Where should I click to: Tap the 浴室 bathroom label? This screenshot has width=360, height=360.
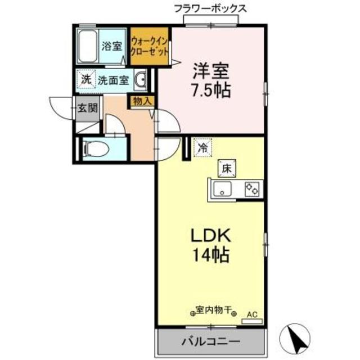pyautogui.click(x=111, y=46)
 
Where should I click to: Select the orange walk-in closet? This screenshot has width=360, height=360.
pyautogui.click(x=150, y=47)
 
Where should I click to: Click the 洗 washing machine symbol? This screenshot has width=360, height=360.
pyautogui.click(x=85, y=79)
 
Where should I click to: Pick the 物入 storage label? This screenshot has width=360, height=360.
pyautogui.click(x=141, y=102)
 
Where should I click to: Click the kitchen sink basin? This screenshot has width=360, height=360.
pyautogui.click(x=224, y=190)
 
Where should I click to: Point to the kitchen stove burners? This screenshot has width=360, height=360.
pyautogui.click(x=251, y=190)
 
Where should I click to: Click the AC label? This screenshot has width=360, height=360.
pyautogui.click(x=251, y=314)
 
